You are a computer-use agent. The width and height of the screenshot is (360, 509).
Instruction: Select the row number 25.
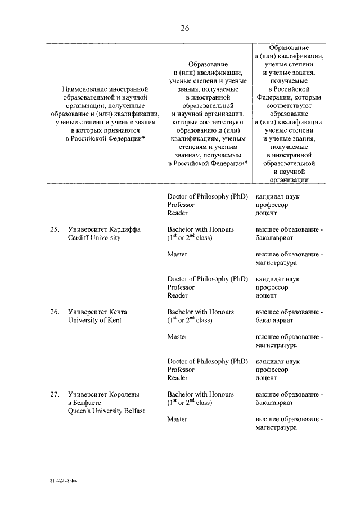tap(55, 229)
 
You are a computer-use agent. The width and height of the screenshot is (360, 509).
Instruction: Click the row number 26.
tap(55, 312)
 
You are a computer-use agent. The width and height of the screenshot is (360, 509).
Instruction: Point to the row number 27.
tap(55, 394)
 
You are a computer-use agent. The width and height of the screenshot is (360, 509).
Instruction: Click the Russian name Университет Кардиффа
tap(104, 229)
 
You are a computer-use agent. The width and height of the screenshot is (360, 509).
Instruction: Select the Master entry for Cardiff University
tap(177, 254)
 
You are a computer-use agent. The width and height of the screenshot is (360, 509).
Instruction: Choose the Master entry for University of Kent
tap(177, 336)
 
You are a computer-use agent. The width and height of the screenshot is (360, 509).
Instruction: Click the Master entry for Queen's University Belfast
tap(177, 419)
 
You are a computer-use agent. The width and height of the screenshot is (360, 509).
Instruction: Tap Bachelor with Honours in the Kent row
tap(200, 312)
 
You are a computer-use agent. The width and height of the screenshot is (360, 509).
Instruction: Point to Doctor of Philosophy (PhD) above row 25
tap(207, 196)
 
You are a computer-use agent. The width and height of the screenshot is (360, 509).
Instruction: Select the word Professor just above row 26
tap(181, 287)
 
